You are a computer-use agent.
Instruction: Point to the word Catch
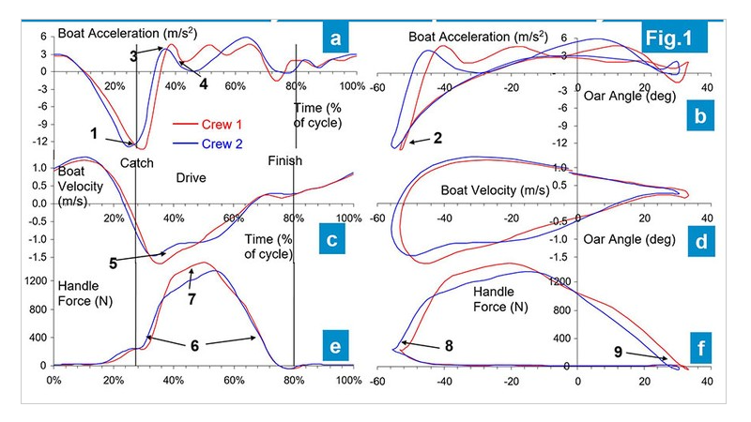tap(137, 162)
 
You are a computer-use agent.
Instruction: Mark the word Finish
tap(284, 160)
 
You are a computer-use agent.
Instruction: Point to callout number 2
tap(437, 138)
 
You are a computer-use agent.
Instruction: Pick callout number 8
tap(450, 346)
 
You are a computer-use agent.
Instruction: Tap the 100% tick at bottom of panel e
tap(349, 380)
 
